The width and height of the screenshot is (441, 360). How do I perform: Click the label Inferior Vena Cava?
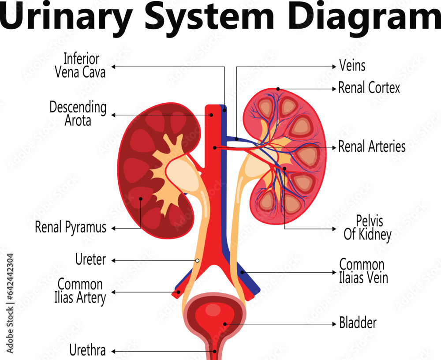coord(81,65)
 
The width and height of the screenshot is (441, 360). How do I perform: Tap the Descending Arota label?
coord(78,113)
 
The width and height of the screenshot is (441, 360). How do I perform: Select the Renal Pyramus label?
coord(71,228)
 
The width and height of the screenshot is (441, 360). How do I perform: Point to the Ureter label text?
coord(91,260)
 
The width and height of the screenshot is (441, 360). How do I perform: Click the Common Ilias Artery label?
coord(82,291)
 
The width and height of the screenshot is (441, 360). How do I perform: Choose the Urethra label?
coord(88,351)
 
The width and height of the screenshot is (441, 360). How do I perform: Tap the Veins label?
coord(352,66)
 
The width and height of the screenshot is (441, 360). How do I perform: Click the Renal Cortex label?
coord(369,88)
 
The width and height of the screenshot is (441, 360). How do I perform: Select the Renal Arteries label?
coord(372,146)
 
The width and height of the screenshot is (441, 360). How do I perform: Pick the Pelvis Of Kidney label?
coord(367,228)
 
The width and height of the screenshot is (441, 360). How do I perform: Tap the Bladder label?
coord(358,323)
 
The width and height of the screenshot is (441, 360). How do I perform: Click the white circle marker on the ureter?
coord(197,261)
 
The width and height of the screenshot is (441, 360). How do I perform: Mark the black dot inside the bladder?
coord(225,324)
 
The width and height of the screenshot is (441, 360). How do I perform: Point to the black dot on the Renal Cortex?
coord(278,89)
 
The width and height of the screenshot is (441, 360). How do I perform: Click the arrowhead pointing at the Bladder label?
coord(334,324)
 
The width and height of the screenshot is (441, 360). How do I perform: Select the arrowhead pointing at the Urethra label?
coord(113,352)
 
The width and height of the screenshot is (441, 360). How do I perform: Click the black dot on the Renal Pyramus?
coord(141,199)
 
